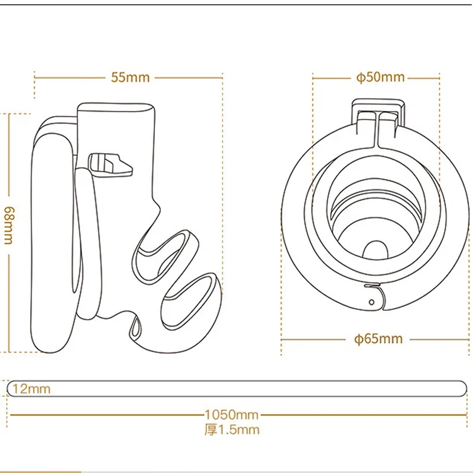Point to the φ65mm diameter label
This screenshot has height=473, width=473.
(378, 339)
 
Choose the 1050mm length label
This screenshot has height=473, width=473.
(231, 414)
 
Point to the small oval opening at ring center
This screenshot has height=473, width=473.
(376, 248)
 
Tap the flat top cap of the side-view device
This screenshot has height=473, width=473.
(116, 109)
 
